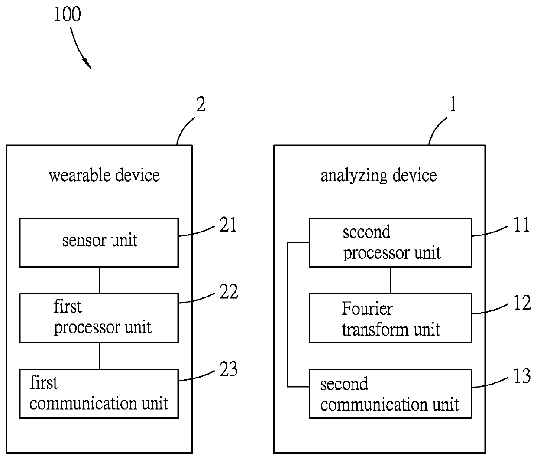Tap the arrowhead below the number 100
click(x=88, y=63)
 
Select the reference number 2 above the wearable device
click(x=201, y=104)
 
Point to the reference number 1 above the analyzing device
click(x=453, y=104)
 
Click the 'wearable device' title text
click(x=104, y=175)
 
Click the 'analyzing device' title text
click(x=378, y=176)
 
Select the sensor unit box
click(x=99, y=242)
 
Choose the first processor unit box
click(x=99, y=318)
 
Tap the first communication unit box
click(x=99, y=394)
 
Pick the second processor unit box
click(x=390, y=242)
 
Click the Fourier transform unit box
click(x=390, y=318)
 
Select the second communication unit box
click(x=390, y=394)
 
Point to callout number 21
click(x=228, y=225)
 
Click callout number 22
click(x=229, y=291)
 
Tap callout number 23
click(x=228, y=369)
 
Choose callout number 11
click(x=522, y=225)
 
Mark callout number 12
click(x=522, y=303)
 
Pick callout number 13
click(x=522, y=376)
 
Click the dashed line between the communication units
click(x=244, y=401)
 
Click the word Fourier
click(x=367, y=309)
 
